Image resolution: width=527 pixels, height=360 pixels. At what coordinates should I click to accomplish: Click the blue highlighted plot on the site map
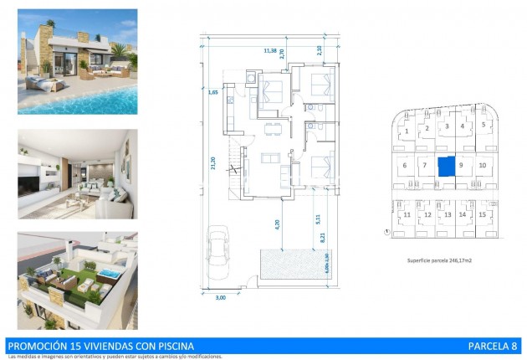coord(448,165)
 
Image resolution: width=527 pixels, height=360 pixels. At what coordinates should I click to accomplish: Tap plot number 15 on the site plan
coord(484,215)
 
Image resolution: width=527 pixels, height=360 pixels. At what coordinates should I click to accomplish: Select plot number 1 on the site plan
coord(407,131)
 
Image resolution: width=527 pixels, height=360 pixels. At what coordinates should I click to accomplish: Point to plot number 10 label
coord(483,165)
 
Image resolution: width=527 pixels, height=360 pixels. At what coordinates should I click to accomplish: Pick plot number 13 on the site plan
coord(448,215)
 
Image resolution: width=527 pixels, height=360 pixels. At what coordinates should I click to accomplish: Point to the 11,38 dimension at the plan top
coord(270,51)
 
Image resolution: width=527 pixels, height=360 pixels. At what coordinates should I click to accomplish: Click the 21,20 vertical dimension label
coord(213,164)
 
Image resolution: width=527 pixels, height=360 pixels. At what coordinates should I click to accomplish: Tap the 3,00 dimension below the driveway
coord(221,296)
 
